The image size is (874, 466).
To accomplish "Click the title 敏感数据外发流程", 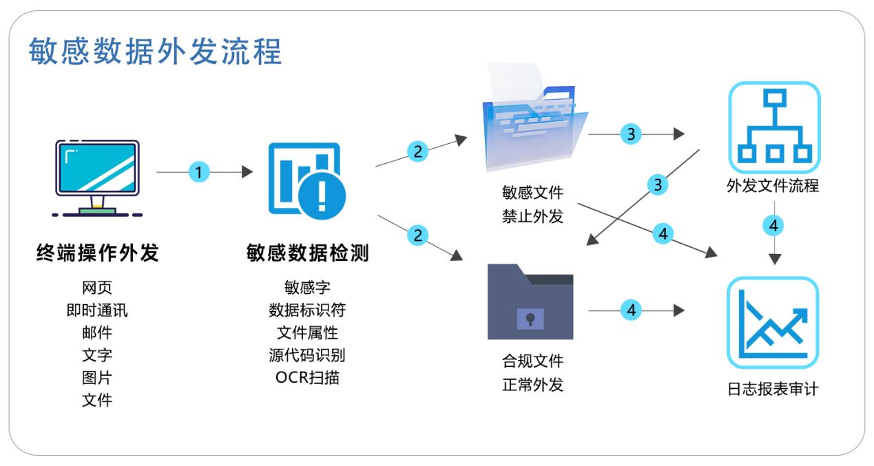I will pos(156,52).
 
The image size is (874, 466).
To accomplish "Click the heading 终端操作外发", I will pos(97,254).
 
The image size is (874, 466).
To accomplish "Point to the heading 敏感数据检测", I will pos(306,254).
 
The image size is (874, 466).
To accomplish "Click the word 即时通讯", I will pos(97,310).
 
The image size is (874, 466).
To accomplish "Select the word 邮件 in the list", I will pos(97,332).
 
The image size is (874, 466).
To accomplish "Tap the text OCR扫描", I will pos(306,377).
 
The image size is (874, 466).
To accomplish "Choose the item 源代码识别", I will pos(306,355).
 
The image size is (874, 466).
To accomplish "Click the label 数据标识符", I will pos(306,310).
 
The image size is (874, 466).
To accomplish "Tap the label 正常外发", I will pos(532,384).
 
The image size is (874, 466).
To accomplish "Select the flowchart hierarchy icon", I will pos(773,127).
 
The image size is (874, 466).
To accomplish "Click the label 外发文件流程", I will pos(773,185).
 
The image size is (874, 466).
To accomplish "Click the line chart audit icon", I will pos(773,323).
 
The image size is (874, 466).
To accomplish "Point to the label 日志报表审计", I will pos(773,388).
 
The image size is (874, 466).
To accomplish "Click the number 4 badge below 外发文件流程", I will pos(775,225).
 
